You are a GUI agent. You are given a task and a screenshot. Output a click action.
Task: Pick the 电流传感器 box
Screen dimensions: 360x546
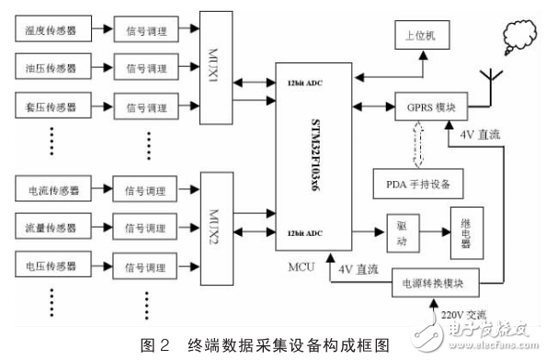click(51, 191)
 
